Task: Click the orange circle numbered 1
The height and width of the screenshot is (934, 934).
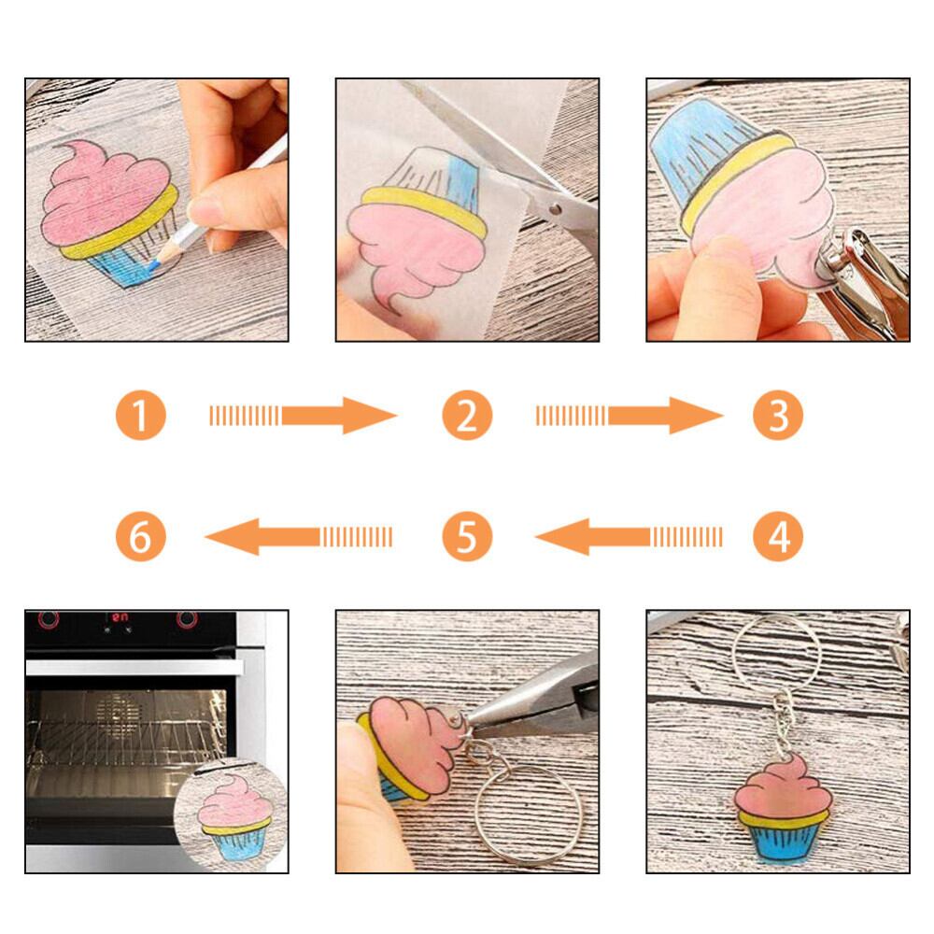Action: click(141, 416)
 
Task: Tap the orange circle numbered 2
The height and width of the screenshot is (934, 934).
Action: click(467, 416)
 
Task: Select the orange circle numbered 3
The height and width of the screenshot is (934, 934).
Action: click(778, 416)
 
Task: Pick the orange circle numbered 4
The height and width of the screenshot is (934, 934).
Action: click(778, 536)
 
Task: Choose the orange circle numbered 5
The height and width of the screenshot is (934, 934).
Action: click(467, 536)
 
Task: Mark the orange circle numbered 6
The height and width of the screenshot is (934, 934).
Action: click(141, 536)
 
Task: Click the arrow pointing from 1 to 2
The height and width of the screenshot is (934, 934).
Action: click(304, 416)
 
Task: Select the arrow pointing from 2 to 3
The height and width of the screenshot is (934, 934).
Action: click(630, 416)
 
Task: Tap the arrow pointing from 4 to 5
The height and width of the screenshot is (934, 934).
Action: click(629, 537)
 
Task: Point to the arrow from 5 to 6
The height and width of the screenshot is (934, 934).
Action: click(299, 537)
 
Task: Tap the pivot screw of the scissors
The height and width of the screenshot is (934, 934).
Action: click(555, 209)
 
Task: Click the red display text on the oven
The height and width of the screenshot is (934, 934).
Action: click(120, 617)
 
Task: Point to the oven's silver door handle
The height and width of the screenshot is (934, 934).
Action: click(134, 667)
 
